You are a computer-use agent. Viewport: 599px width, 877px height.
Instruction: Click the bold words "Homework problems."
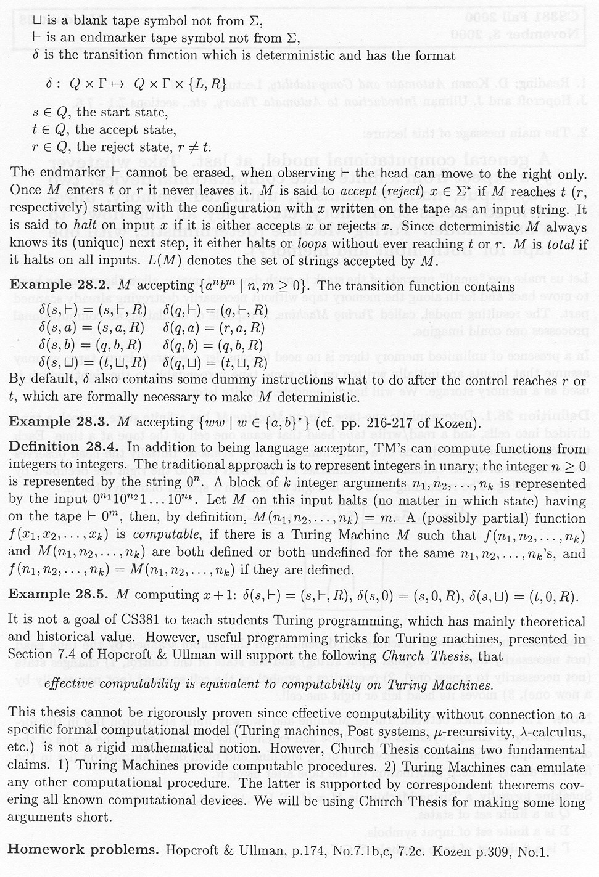click(83, 849)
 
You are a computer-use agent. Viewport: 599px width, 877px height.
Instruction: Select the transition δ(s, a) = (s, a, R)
click(92, 327)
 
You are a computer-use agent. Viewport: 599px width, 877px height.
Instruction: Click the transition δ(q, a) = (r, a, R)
click(214, 327)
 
